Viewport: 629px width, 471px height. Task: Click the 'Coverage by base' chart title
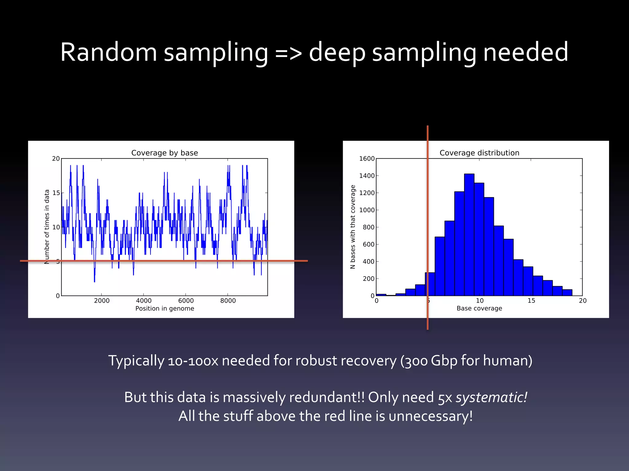[165, 153]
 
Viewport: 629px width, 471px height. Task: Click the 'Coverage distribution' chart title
[479, 153]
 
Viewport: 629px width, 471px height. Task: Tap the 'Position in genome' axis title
[165, 308]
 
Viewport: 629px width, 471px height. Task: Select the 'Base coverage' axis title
[479, 308]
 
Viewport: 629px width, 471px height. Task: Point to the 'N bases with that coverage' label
[353, 227]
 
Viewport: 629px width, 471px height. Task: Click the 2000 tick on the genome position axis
[102, 301]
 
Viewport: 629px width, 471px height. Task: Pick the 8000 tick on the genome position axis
[228, 301]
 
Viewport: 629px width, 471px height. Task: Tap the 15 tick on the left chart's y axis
[56, 193]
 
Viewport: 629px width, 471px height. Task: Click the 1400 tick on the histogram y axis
[367, 176]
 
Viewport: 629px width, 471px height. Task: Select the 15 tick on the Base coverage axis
[531, 301]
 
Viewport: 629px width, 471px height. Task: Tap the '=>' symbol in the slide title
[288, 53]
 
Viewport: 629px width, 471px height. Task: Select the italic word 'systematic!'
[491, 397]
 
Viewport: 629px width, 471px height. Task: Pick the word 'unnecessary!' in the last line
[430, 416]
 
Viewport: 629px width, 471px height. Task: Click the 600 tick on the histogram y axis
[369, 244]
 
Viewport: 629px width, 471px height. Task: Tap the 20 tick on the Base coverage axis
[583, 301]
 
